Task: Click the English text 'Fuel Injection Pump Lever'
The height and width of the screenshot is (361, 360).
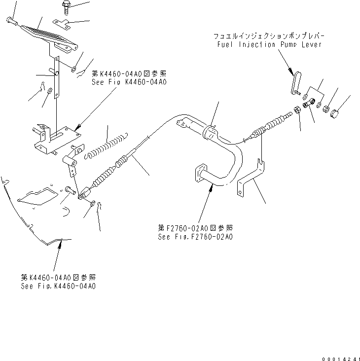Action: tap(269, 44)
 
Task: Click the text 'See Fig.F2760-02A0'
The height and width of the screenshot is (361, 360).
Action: tap(195, 237)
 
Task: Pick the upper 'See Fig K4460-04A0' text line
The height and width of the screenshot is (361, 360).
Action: tap(129, 82)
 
